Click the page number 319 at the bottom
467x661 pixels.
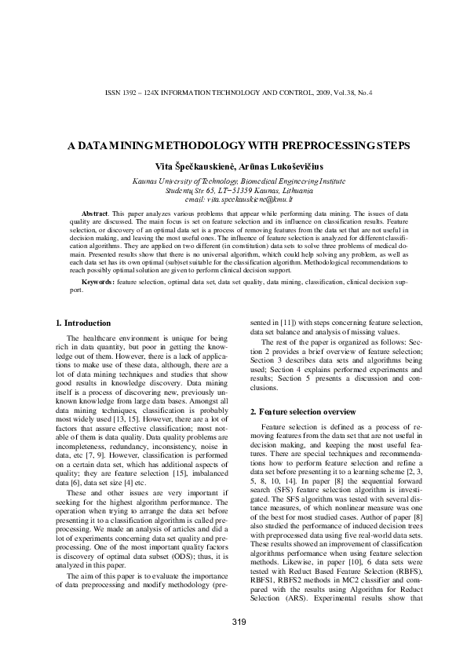click(239, 623)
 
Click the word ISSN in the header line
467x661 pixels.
click(112, 93)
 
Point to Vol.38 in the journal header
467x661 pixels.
click(339, 93)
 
